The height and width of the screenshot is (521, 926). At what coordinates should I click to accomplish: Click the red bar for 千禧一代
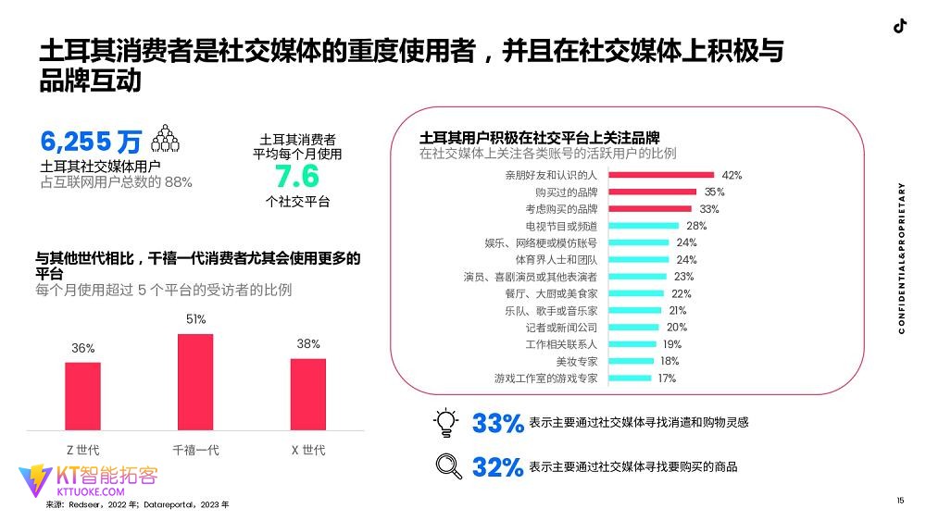pos(195,381)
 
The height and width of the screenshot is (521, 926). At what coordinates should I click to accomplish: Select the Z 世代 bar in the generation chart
pos(82,395)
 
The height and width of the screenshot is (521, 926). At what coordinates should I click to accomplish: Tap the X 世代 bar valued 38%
pos(308,393)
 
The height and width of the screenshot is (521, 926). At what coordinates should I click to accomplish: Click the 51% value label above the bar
pos(195,319)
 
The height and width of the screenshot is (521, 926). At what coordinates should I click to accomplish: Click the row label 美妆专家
pos(576,362)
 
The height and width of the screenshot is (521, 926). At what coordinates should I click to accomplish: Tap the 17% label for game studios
pos(667,378)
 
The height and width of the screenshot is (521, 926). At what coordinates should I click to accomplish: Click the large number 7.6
pos(296,177)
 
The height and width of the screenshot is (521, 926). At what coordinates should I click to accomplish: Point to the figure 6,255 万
pos(91,142)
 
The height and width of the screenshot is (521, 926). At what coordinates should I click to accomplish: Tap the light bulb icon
pos(447,422)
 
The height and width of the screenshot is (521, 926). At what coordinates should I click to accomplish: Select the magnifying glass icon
pos(448,465)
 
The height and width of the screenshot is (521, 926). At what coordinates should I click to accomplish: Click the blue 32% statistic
pos(497,467)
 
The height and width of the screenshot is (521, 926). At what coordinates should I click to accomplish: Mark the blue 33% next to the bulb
pos(497,424)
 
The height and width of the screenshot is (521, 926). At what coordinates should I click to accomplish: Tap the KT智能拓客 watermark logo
pos(88,481)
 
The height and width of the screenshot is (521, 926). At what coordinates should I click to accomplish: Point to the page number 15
pos(899,501)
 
